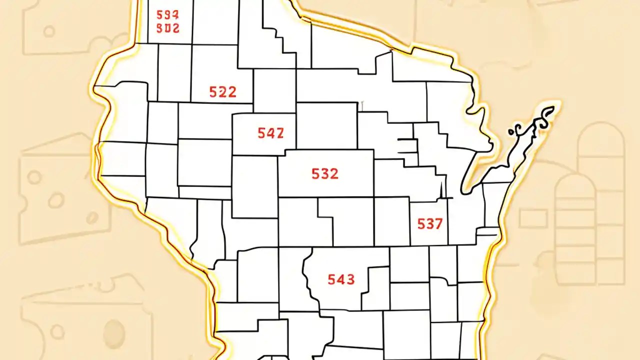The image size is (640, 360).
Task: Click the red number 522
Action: click(x=222, y=92)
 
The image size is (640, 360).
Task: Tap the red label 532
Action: click(x=324, y=174)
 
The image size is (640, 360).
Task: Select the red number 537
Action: click(x=430, y=224)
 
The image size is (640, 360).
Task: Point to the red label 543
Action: click(x=341, y=279)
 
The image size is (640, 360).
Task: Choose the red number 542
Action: click(x=270, y=133)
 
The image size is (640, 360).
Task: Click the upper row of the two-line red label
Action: click(x=167, y=14)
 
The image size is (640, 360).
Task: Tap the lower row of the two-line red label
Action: click(x=167, y=28)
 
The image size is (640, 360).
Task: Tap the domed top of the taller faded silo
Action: click(x=600, y=132)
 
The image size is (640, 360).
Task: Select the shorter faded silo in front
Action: click(x=575, y=220)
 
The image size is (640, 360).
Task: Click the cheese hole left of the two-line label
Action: click(x=48, y=31)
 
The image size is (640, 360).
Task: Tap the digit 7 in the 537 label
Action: click(x=438, y=224)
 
